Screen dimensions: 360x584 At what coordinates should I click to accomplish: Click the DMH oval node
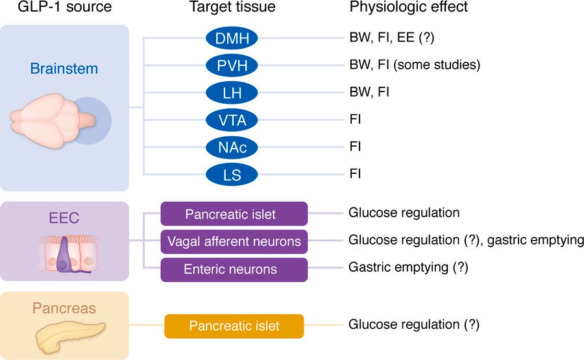[232, 38]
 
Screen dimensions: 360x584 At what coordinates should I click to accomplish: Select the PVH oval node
[232, 66]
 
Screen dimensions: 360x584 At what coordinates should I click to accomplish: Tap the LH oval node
[232, 93]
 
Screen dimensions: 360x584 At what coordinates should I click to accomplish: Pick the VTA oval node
[232, 120]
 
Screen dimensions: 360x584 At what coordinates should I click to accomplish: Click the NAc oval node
[232, 147]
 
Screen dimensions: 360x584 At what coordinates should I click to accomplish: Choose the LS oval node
[232, 174]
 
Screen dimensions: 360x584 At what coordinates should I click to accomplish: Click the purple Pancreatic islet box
[234, 213]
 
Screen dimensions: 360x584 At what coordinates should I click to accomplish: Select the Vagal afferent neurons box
[234, 241]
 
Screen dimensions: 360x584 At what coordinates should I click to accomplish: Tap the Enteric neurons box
[234, 269]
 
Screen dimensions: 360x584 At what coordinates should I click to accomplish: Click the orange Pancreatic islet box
[234, 326]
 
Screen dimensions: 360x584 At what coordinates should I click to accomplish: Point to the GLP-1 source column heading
[65, 8]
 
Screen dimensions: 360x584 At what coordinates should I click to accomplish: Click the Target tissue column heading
[232, 8]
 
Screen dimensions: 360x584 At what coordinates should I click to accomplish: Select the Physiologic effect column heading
[408, 8]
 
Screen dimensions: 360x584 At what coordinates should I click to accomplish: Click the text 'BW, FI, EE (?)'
[391, 38]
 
